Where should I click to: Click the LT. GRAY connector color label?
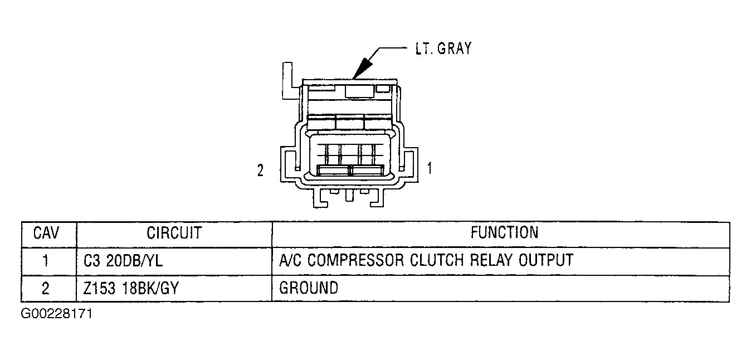coord(443,48)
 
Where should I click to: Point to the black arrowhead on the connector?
coord(362,69)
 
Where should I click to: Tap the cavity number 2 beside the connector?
coord(261,171)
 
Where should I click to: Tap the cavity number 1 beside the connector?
coord(430,168)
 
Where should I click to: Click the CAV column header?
coord(46,233)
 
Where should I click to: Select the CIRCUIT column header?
coord(174,233)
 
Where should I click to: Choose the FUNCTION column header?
coord(504,232)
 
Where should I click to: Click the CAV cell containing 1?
coord(46,261)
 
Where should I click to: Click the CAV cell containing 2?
coord(46,289)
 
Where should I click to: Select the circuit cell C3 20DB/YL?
coord(123,261)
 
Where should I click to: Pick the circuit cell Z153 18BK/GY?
coord(131,288)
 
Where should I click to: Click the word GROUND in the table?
coord(309,288)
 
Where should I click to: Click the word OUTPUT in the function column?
coord(546,260)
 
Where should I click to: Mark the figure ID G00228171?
coord(56,314)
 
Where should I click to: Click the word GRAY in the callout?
coord(454,48)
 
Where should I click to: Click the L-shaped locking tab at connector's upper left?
coord(287,81)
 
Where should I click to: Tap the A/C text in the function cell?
coord(290,260)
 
